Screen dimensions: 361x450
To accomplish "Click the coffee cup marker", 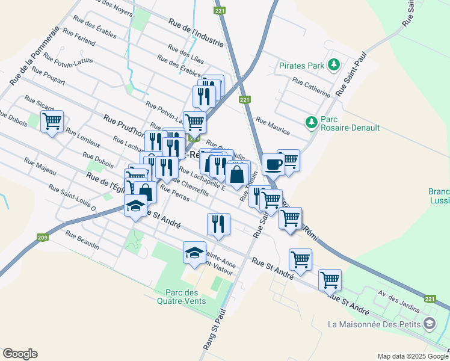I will coord(273,164).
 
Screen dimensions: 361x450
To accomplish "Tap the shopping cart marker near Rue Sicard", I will coord(52,121).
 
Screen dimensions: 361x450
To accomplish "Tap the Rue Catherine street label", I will coord(311,87).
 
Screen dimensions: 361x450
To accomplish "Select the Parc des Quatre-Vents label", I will coord(180,297).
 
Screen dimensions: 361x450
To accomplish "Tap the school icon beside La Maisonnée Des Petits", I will coord(428,324).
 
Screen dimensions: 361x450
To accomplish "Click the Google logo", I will coord(20,354).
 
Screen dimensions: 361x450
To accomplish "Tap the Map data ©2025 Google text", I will coord(412,356).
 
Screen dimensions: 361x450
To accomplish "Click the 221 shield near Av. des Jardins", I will coord(429,298).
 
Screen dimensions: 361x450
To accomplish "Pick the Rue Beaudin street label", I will coord(82,241).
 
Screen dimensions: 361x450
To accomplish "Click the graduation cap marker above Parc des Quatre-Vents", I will coord(194,253).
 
